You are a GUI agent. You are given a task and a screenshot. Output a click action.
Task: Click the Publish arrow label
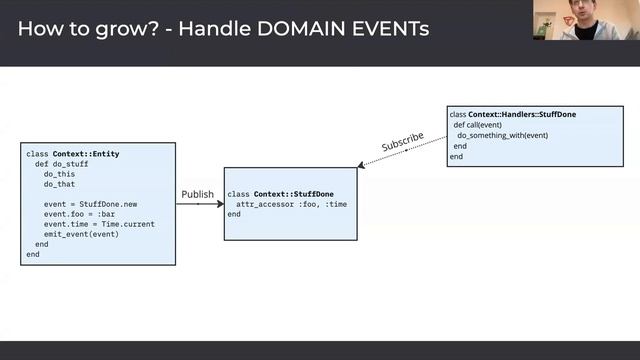coord(197,194)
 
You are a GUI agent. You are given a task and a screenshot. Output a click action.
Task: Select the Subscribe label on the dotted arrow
coord(402,142)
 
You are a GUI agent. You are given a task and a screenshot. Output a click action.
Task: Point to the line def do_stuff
coord(58,164)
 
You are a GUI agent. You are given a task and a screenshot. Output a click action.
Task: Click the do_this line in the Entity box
coord(59,174)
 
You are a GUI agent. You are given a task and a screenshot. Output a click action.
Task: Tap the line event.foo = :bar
coord(75,214)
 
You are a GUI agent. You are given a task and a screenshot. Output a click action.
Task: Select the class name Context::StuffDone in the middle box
coord(294,194)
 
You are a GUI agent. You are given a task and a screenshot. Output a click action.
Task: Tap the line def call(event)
coord(484,125)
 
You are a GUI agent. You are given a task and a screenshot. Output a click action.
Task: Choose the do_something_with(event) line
coord(502,135)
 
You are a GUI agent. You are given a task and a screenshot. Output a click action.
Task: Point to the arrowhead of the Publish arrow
coord(220,204)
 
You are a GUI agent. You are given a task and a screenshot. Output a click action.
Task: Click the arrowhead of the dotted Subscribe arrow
coord(361,166)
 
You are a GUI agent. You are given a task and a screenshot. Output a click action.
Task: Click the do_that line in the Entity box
coord(59,184)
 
